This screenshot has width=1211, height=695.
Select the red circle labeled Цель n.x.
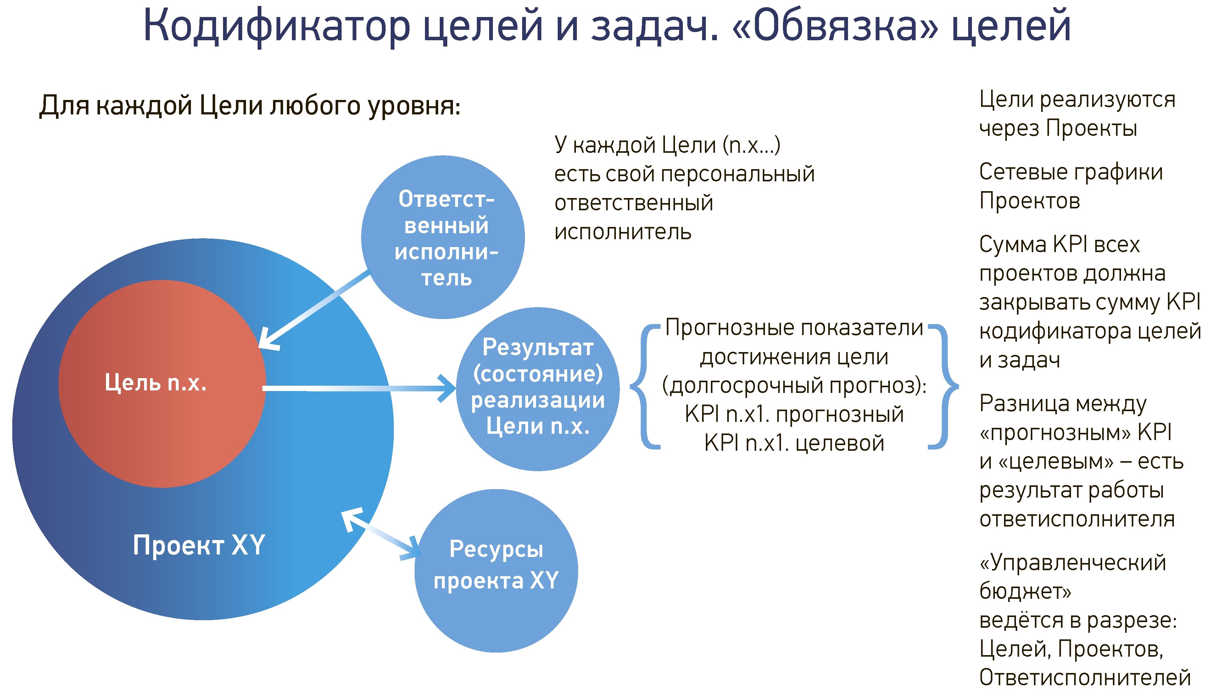162,384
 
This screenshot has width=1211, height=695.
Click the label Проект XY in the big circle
199,545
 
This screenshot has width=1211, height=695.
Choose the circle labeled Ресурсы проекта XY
496,571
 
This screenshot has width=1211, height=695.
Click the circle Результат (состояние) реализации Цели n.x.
538,389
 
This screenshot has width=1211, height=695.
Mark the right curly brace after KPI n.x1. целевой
943,386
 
